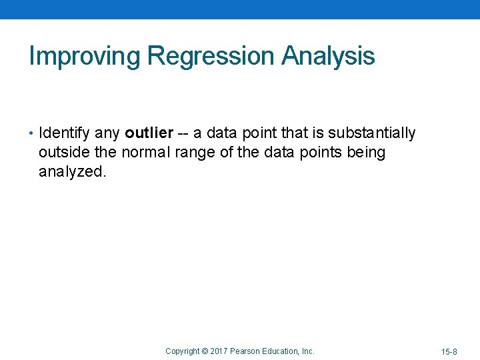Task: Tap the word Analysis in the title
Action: [x=328, y=57]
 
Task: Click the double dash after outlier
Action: [x=181, y=134]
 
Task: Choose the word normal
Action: [x=146, y=152]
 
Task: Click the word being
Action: [x=365, y=153]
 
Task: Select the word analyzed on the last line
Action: [x=70, y=171]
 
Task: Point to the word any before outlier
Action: [x=106, y=134]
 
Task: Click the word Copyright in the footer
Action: [x=182, y=351]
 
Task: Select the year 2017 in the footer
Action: [x=219, y=351]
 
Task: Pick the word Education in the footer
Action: [x=281, y=351]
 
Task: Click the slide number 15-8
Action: [x=449, y=351]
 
